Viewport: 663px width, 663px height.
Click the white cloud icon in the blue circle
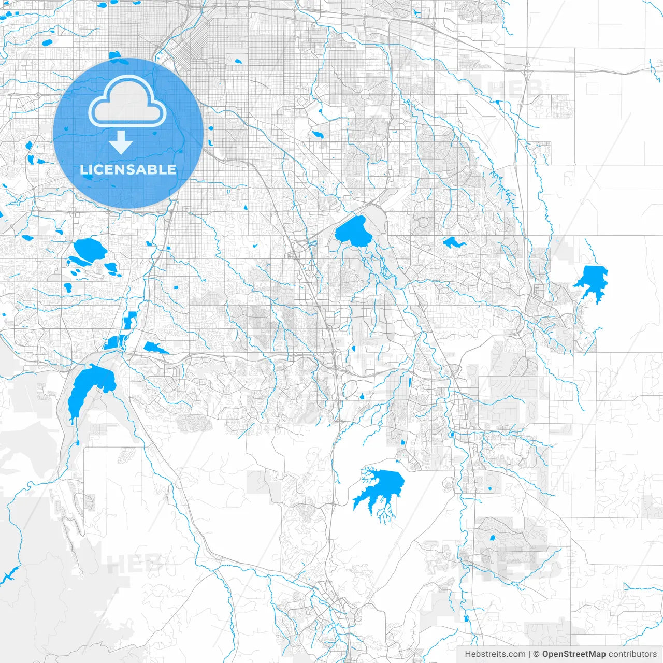[x=127, y=101]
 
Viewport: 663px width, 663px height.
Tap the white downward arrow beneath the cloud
[x=121, y=142]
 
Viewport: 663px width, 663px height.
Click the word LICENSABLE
[x=128, y=169]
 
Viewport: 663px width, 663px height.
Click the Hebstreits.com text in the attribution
[x=495, y=654]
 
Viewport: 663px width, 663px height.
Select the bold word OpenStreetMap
[x=573, y=654]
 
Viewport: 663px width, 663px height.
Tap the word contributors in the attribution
[x=632, y=654]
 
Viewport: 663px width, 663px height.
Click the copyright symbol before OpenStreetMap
[x=536, y=654]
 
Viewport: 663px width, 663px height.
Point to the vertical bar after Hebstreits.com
[x=529, y=654]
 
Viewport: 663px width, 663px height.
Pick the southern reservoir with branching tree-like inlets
[x=381, y=487]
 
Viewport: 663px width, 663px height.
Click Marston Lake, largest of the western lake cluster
[x=89, y=250]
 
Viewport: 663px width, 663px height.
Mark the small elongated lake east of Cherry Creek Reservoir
[x=453, y=242]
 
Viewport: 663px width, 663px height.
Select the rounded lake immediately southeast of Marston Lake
[x=111, y=268]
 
